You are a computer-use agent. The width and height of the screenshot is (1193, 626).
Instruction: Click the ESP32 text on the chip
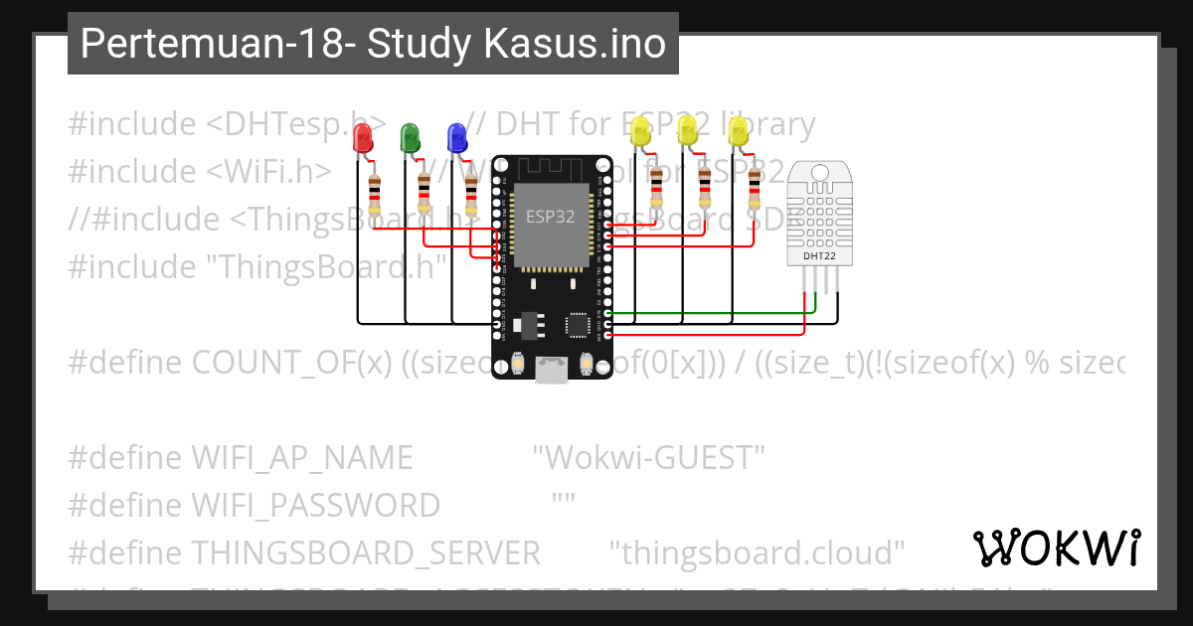[549, 218]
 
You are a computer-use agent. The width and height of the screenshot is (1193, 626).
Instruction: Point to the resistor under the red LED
[374, 195]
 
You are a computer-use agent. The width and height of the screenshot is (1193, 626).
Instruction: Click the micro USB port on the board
[550, 370]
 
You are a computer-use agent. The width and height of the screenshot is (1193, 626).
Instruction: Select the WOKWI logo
[1056, 548]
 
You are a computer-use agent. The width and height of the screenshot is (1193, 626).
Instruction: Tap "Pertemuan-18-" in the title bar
[218, 44]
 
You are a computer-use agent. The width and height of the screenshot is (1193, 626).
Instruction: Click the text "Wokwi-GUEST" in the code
[648, 458]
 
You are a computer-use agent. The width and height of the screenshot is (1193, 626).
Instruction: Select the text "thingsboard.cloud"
[757, 552]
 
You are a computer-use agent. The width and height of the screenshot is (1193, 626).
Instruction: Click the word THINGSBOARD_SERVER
[365, 552]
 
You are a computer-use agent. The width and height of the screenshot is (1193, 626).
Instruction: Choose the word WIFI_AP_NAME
[301, 458]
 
